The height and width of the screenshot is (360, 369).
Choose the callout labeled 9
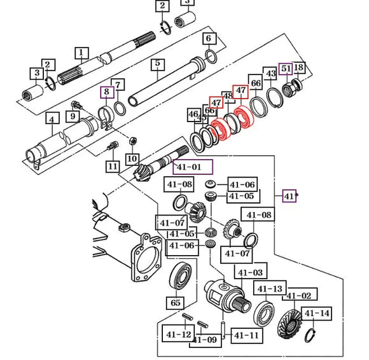click(74, 116)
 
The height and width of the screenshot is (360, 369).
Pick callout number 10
click(132, 158)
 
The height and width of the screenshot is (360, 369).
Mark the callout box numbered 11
click(113, 167)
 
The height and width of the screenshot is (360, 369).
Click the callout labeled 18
click(298, 68)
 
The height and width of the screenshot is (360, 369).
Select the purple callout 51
click(286, 69)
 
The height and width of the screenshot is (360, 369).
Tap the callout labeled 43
click(271, 74)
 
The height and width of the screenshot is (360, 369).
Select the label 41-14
click(316, 314)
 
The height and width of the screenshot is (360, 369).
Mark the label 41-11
click(246, 335)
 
